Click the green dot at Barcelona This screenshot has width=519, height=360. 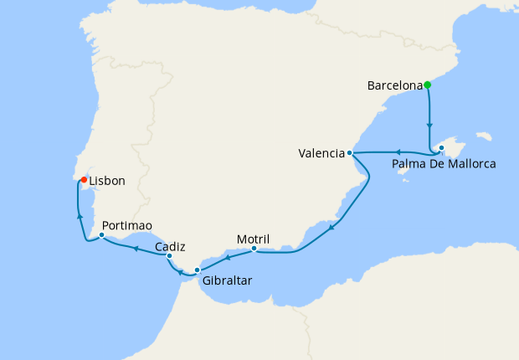click(427, 85)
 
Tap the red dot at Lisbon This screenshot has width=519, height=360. click(84, 179)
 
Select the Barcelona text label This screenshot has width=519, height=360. click(394, 85)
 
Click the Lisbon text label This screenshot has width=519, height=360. click(107, 181)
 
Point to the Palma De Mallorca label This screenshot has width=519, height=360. click(444, 164)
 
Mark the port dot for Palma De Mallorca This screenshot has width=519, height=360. click(441, 148)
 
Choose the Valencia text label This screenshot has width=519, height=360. click(321, 153)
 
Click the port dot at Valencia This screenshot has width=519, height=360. click(350, 153)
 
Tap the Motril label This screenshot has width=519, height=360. click(254, 239)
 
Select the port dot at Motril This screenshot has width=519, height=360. click(254, 248)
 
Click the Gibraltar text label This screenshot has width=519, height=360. click(227, 280)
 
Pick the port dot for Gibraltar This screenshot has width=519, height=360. click(197, 270)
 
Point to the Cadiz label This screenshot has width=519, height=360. click(170, 247)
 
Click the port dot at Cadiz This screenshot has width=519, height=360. click(169, 256)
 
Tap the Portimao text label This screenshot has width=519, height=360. click(126, 226)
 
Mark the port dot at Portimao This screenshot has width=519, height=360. click(101, 235)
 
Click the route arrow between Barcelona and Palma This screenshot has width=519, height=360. click(429, 126)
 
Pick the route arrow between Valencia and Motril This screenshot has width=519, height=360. click(332, 228)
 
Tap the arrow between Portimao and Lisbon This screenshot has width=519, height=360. click(80, 216)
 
